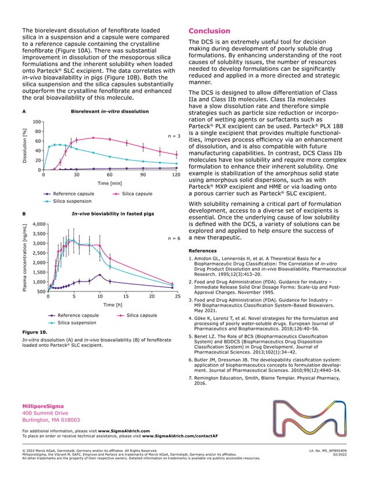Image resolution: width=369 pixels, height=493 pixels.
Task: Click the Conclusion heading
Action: pyautogui.click(x=210, y=31)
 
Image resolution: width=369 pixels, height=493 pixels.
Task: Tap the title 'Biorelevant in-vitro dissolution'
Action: pyautogui.click(x=109, y=111)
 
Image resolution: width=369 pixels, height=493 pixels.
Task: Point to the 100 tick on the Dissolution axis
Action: pyautogui.click(x=36, y=122)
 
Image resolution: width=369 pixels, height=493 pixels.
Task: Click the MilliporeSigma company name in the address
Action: pyautogui.click(x=43, y=406)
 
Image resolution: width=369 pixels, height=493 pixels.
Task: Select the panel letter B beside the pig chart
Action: pyautogui.click(x=24, y=214)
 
